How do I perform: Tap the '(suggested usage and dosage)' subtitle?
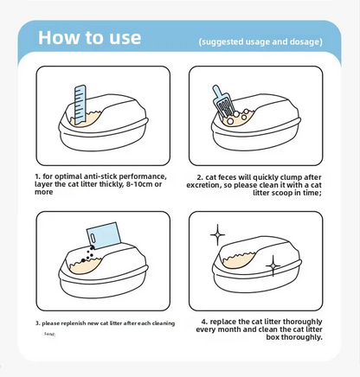point(259,41)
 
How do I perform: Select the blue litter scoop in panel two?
point(222,103)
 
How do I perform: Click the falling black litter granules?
point(83,258)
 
